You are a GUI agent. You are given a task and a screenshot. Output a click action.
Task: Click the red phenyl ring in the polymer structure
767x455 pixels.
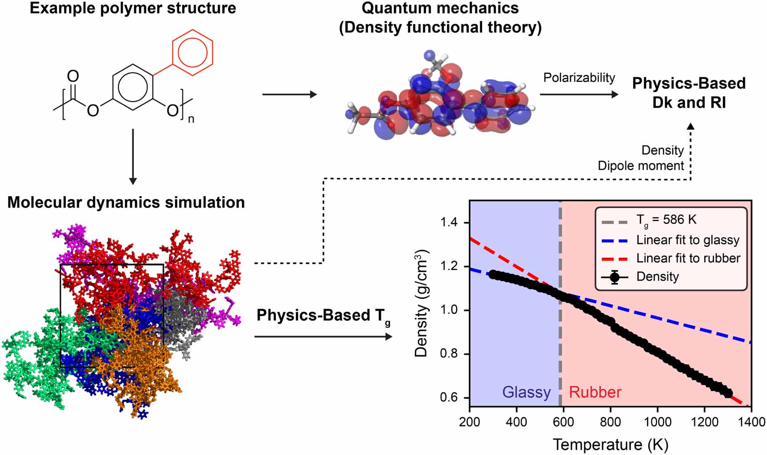(193, 52)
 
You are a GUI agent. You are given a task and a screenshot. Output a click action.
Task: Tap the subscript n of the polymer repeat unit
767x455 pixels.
(191, 119)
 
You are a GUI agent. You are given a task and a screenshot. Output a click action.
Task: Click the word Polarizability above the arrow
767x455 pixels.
(579, 78)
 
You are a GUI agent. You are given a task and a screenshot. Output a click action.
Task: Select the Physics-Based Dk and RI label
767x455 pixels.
(688, 93)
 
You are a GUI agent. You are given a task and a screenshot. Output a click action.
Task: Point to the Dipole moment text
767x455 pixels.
(640, 166)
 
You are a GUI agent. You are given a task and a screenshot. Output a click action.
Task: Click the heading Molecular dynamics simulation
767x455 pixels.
(126, 202)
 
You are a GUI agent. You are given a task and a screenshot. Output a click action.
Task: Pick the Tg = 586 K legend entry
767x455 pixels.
(666, 220)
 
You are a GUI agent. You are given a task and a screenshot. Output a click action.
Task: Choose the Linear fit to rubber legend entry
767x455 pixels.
(687, 258)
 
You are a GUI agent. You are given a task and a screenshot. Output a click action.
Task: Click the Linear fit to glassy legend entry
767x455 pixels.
(687, 240)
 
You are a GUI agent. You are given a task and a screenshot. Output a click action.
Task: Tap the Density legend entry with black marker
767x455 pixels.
(657, 277)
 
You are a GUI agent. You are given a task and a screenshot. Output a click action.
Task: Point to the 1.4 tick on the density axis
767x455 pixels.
(449, 222)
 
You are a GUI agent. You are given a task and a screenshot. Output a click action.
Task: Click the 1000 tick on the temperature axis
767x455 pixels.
(657, 422)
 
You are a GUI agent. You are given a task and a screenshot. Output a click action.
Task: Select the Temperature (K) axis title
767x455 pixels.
(610, 444)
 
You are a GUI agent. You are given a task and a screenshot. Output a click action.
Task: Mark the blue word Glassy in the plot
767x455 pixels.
(526, 392)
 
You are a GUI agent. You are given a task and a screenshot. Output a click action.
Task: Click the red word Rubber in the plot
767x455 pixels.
(595, 392)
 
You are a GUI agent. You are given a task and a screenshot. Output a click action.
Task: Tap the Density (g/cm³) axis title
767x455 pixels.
(421, 303)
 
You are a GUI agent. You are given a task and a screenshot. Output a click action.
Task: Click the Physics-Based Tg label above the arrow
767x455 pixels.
(323, 316)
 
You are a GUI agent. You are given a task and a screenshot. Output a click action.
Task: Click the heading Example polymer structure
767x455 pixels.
(133, 8)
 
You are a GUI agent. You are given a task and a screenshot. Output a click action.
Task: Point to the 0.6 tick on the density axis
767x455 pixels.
(449, 397)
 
